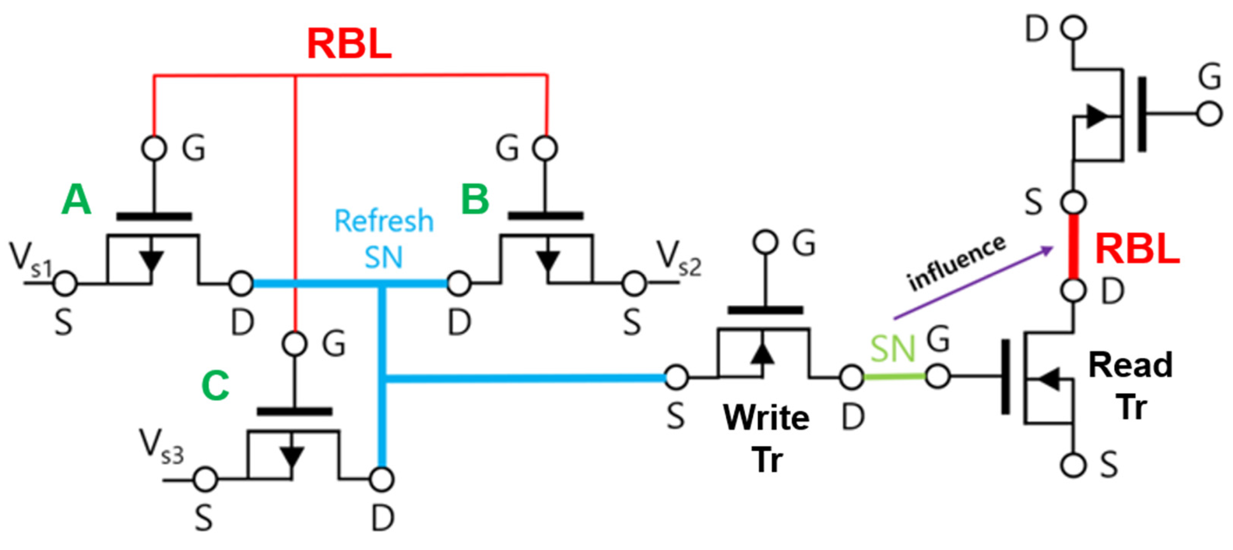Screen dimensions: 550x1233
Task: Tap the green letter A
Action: point(76,200)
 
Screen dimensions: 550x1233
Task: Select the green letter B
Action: point(475,199)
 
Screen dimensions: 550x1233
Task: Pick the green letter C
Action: point(215,385)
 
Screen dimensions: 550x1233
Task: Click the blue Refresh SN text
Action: point(384,238)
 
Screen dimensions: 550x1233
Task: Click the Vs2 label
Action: point(679,259)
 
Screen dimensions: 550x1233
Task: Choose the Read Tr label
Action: point(1131,385)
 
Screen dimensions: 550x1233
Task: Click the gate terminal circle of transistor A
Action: point(154,148)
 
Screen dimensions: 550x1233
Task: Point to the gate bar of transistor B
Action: point(545,216)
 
